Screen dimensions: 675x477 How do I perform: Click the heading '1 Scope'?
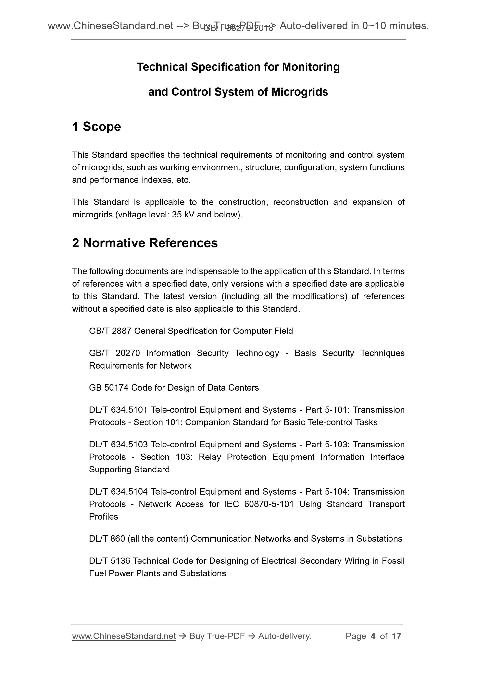pos(96,127)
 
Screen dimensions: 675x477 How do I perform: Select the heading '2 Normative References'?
pos(145,243)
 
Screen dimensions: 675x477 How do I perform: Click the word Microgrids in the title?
pos(299,92)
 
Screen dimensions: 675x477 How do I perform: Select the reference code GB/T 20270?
pos(114,353)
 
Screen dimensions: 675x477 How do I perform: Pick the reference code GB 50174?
pos(109,388)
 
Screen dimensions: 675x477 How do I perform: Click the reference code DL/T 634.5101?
pos(118,410)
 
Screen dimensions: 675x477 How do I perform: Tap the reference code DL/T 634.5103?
pos(118,445)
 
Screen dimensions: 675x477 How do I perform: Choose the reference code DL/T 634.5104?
pos(118,492)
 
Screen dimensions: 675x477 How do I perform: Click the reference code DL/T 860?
pos(107,539)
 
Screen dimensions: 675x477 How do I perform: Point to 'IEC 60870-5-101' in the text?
pos(259,504)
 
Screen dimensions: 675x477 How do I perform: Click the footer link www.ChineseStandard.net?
pos(124,636)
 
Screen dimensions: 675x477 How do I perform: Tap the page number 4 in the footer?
pos(373,636)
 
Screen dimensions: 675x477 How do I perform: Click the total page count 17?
pos(396,636)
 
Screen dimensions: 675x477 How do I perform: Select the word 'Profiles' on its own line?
pos(103,517)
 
